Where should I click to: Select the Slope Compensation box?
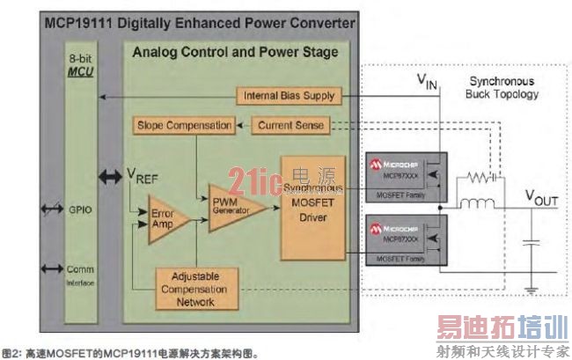(184, 125)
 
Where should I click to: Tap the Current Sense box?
(290, 125)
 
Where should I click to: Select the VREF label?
(144, 174)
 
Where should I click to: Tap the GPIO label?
(75, 211)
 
